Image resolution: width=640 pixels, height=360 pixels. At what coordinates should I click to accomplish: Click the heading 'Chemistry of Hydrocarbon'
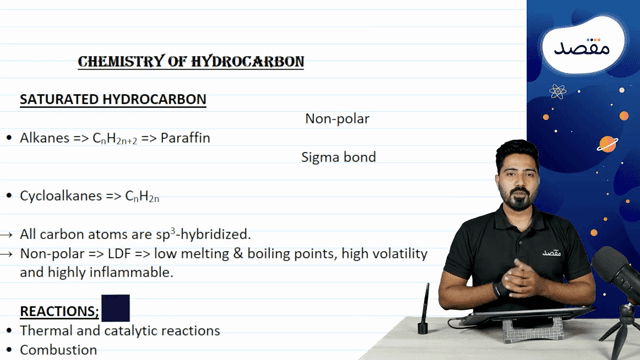click(191, 62)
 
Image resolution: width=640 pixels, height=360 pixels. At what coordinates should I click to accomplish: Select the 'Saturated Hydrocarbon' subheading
click(113, 100)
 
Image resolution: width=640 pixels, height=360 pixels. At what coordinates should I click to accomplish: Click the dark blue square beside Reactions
click(116, 308)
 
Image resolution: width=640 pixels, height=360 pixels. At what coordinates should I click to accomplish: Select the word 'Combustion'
click(58, 350)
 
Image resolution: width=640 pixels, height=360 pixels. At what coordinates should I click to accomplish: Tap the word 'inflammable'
click(134, 272)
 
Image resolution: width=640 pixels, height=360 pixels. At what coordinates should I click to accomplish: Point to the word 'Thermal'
click(45, 330)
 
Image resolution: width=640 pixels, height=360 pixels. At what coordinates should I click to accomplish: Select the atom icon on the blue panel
click(557, 93)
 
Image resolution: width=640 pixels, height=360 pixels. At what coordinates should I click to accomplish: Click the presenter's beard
click(517, 201)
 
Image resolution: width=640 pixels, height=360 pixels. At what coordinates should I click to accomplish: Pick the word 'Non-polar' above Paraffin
click(337, 119)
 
